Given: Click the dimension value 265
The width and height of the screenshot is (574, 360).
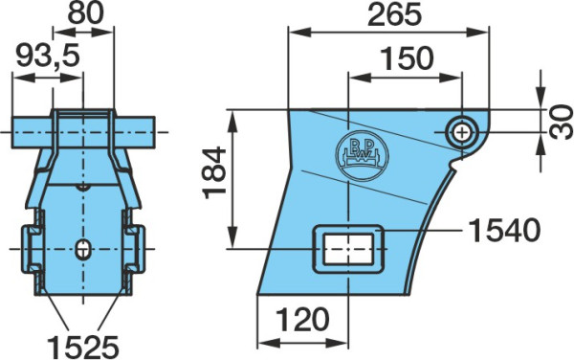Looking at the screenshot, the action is click(x=394, y=15).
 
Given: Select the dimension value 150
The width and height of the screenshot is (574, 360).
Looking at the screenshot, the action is click(x=407, y=58).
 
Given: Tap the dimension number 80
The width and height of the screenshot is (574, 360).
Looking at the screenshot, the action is click(x=86, y=12).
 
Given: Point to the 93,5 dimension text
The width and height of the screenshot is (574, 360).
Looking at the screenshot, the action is click(x=48, y=56).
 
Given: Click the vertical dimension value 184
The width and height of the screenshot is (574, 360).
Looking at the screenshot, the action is click(x=215, y=172).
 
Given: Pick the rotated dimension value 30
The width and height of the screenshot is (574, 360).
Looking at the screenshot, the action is click(x=562, y=122).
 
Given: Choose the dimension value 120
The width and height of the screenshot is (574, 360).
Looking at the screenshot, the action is click(x=302, y=320).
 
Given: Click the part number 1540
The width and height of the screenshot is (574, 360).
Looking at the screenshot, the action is click(x=504, y=230).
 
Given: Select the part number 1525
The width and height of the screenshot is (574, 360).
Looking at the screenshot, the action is click(x=83, y=347).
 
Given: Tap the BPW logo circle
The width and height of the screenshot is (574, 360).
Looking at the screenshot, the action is click(x=362, y=155).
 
